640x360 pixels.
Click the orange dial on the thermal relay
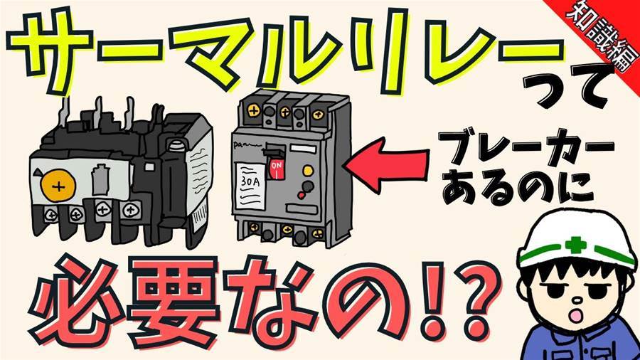click(x=58, y=187)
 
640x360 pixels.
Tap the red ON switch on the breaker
click(x=277, y=168)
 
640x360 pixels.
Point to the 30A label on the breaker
click(x=250, y=181)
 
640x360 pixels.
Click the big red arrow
click(x=386, y=164)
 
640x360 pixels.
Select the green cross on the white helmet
click(x=577, y=245)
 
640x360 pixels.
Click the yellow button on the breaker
click(x=308, y=170)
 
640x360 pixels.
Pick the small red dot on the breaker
click(x=302, y=196)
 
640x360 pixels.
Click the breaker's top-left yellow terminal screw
click(x=254, y=110)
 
